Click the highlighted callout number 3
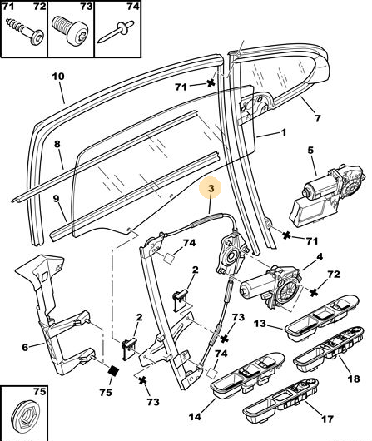click(x=211, y=188)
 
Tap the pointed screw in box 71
click(x=25, y=32)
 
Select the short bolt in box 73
click(x=70, y=31)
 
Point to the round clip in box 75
click(x=25, y=417)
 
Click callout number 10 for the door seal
click(x=58, y=77)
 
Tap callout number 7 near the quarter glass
click(x=317, y=118)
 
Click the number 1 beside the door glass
click(x=284, y=132)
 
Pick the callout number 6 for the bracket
click(x=25, y=347)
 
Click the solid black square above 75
click(x=113, y=371)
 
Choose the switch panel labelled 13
click(x=322, y=317)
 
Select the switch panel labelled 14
click(x=248, y=375)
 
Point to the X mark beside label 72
click(x=314, y=293)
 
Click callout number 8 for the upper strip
click(x=57, y=144)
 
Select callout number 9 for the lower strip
click(x=57, y=199)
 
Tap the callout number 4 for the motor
click(x=320, y=257)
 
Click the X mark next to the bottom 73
click(x=143, y=381)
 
